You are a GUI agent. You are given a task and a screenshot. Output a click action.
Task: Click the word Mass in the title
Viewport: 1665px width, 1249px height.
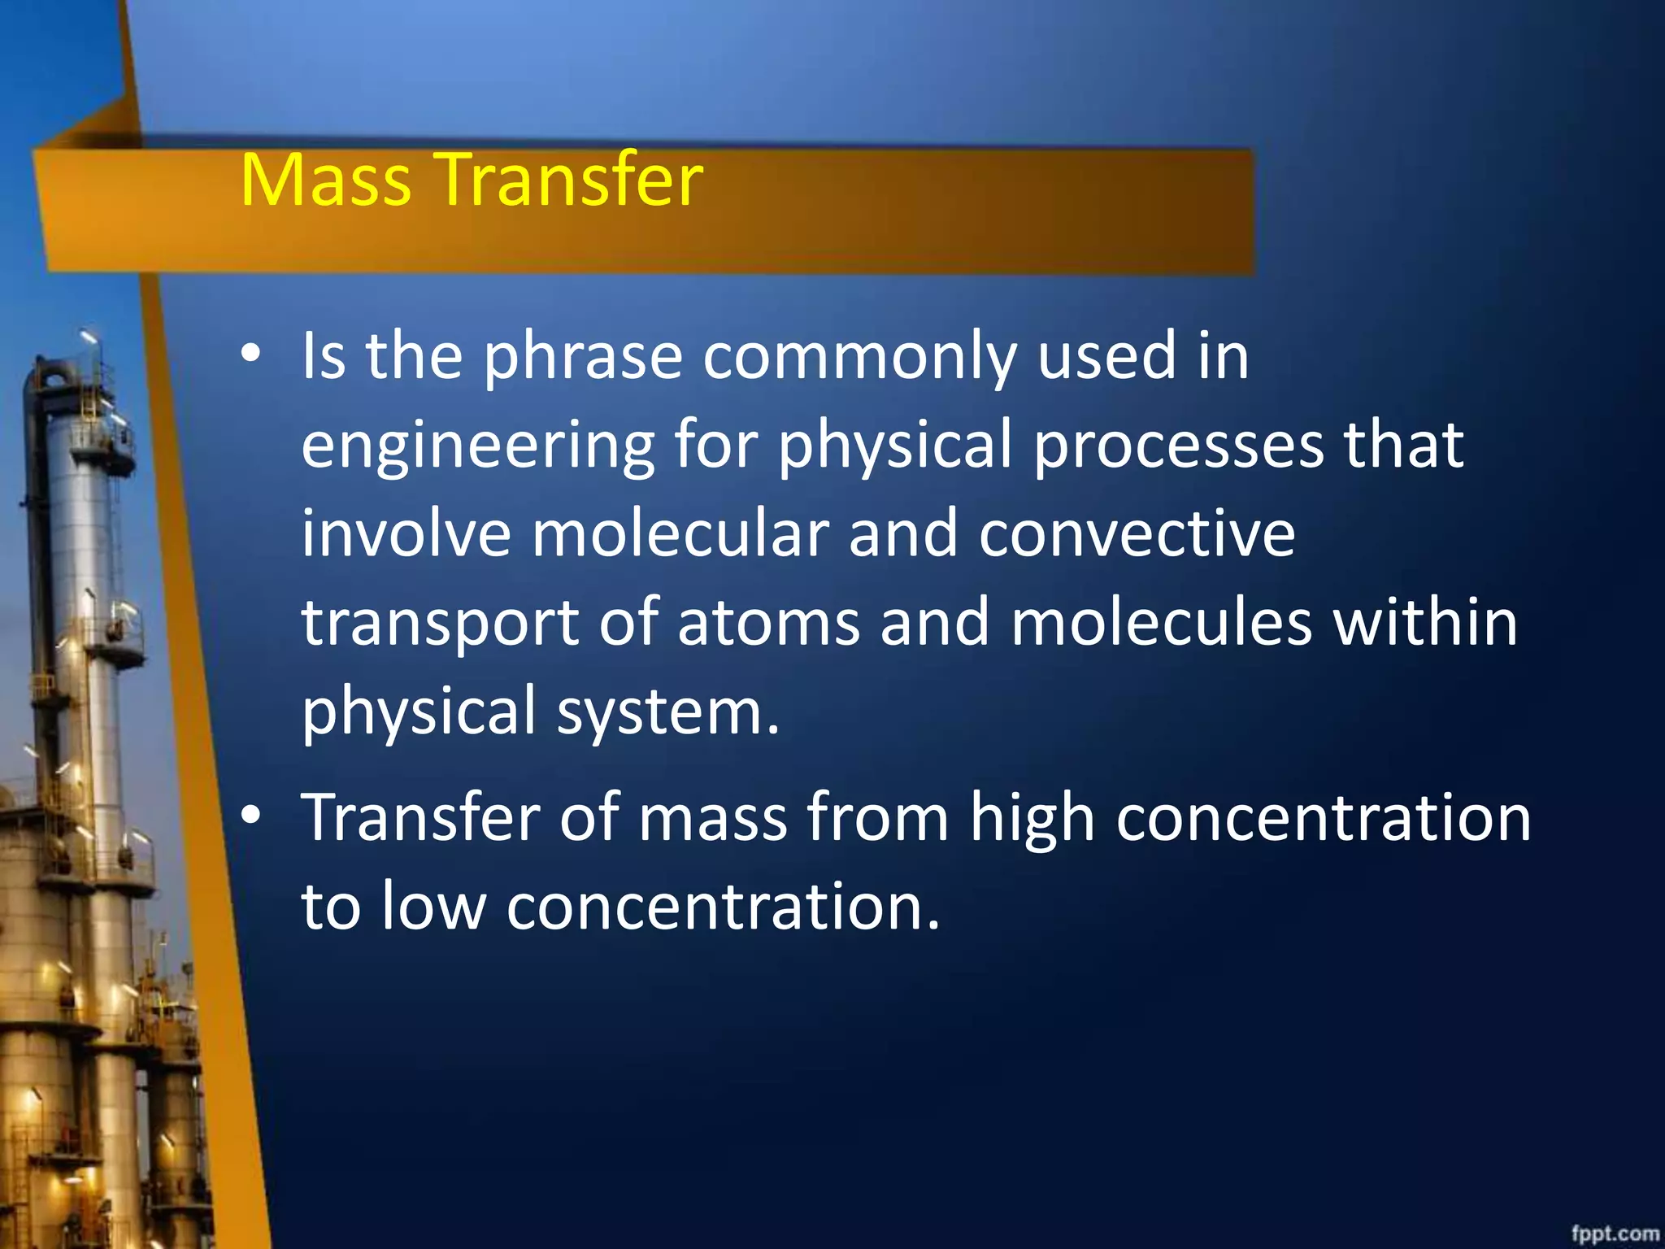(325, 181)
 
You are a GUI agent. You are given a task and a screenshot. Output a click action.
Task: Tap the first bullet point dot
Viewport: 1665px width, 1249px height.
(251, 354)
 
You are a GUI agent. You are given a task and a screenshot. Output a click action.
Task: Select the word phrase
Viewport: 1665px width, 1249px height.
(583, 358)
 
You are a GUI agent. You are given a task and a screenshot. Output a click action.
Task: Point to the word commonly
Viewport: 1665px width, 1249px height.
(859, 358)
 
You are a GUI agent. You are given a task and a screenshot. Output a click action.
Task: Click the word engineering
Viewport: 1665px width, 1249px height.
(478, 447)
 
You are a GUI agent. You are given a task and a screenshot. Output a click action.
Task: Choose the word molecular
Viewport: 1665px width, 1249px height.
(680, 534)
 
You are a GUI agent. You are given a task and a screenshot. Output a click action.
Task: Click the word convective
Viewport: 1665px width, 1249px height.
(1137, 534)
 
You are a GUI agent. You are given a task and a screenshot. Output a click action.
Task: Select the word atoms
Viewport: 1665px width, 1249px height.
(767, 623)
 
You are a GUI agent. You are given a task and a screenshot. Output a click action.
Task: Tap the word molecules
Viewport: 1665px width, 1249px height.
(1161, 623)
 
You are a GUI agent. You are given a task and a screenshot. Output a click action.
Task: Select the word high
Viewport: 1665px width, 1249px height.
(1032, 820)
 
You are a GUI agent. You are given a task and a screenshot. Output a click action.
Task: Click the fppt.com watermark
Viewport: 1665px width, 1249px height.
(1615, 1233)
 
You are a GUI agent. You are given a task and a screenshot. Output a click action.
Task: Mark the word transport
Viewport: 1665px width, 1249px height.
(440, 624)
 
